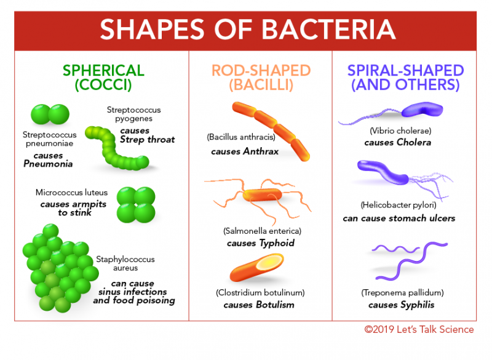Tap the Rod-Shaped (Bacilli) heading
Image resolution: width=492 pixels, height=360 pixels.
coord(261,78)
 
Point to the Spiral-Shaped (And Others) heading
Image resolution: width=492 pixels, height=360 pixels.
coord(405,78)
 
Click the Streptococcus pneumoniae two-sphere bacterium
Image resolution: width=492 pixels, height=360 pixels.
coord(50,114)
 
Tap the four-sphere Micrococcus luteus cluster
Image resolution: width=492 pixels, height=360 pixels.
coord(135,204)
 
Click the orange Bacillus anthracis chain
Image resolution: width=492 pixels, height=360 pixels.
coord(271,130)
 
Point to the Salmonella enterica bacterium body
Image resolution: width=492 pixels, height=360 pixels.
coord(263,196)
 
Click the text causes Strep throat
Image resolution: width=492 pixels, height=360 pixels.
coord(147,135)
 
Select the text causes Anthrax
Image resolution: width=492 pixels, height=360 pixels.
coord(245,151)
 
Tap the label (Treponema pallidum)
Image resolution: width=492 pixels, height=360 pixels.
coord(406,292)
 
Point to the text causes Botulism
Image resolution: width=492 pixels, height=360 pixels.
coord(258,305)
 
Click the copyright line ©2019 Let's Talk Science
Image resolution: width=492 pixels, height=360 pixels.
coord(419,330)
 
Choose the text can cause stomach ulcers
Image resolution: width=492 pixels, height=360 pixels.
coord(399,218)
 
